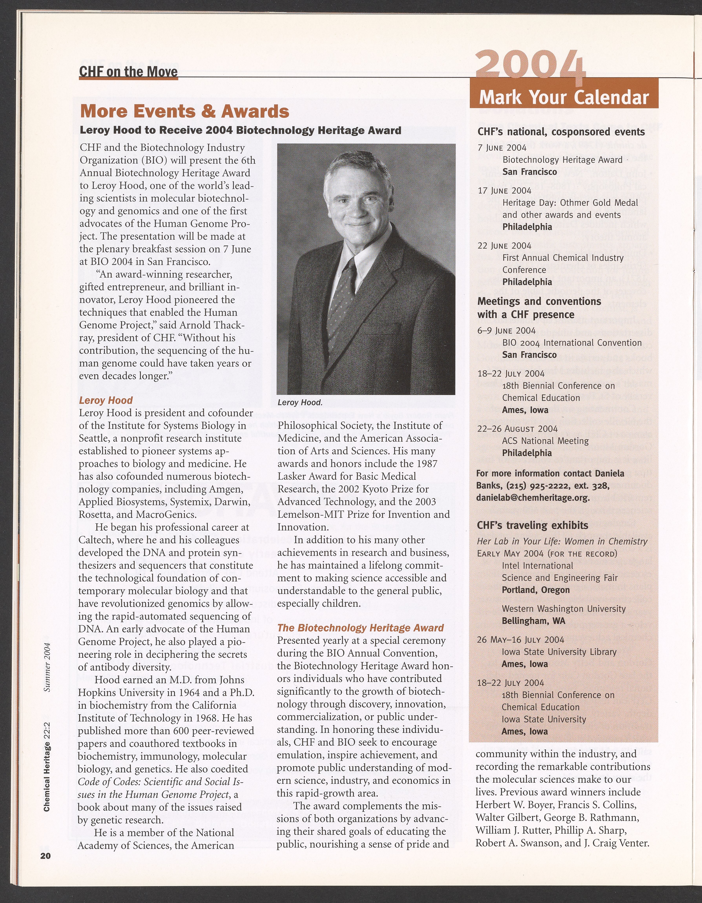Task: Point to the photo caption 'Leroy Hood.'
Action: pos(300,402)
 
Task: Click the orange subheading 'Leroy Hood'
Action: pos(106,400)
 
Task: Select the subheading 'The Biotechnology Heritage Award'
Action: pos(361,628)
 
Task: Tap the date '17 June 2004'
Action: pos(504,191)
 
